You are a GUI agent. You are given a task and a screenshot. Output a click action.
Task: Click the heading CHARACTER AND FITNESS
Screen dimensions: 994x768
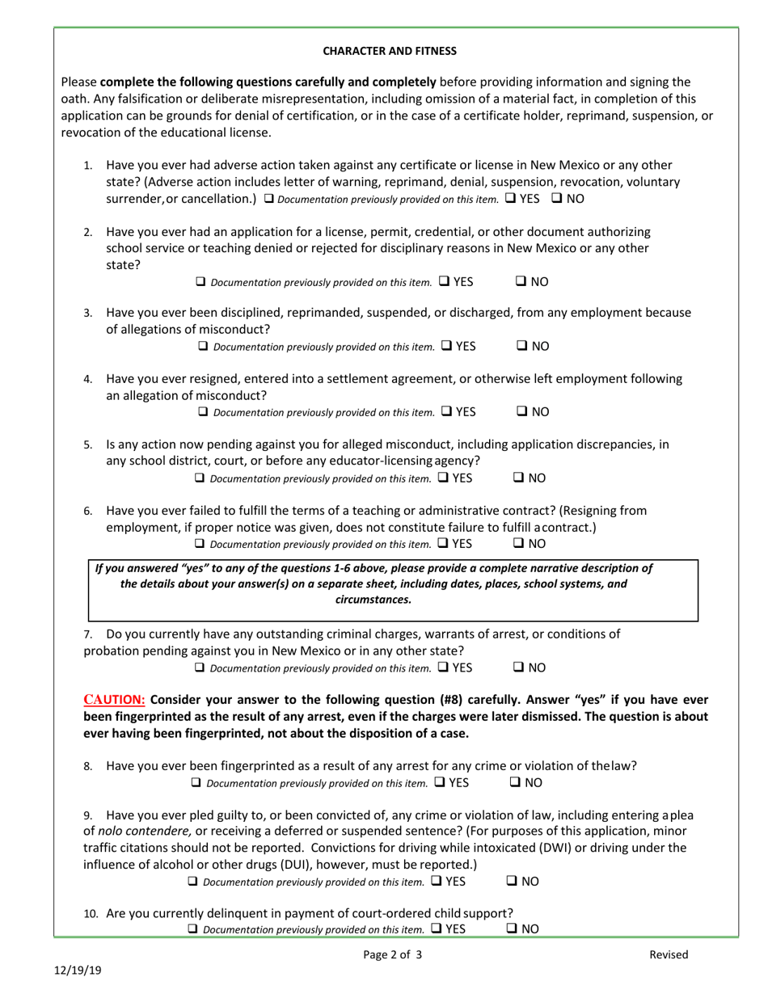click(x=390, y=51)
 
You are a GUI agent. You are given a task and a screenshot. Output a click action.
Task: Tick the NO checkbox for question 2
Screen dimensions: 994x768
click(x=521, y=281)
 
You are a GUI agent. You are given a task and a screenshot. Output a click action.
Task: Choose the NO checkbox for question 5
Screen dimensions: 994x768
click(x=521, y=478)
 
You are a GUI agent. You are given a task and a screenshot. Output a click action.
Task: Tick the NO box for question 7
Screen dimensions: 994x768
click(x=521, y=668)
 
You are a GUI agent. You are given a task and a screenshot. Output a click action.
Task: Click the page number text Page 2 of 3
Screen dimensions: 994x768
click(x=392, y=954)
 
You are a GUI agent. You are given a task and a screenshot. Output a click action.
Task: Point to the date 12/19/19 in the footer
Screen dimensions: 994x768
click(x=72, y=971)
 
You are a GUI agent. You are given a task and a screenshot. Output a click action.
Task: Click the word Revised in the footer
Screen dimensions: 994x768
click(x=669, y=954)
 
